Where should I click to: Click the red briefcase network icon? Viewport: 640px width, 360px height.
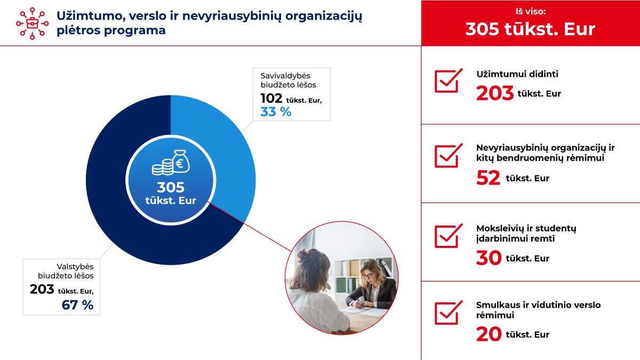point(33,23)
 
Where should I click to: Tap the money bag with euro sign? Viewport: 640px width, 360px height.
point(181,162)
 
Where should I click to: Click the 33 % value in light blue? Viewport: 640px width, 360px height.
point(276,111)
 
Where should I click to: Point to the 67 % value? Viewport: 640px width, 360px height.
point(77,305)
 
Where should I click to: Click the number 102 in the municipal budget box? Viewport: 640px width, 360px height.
point(271,99)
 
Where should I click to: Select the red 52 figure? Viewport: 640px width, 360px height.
point(488,178)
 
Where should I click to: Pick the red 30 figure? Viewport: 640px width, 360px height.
point(489,258)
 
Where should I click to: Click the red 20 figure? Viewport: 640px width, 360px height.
point(489,334)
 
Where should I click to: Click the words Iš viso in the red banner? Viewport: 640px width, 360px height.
point(531,11)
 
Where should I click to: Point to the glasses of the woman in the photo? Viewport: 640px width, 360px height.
point(369,276)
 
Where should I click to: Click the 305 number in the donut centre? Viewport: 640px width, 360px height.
point(171,187)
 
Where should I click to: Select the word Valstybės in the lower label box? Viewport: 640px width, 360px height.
point(75,267)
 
